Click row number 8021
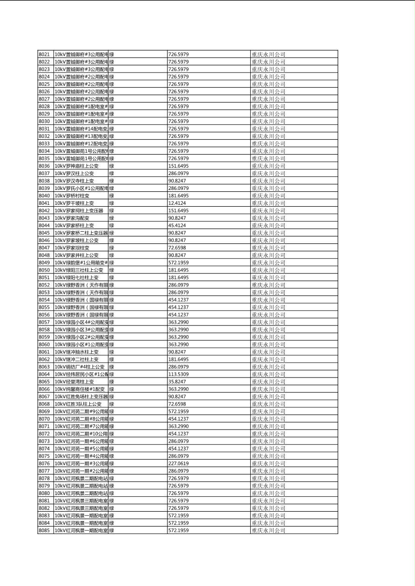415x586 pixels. (x=44, y=54)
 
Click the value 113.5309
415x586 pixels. (x=178, y=374)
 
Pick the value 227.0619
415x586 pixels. (x=178, y=463)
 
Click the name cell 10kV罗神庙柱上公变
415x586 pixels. (x=76, y=166)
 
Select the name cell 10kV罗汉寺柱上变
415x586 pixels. (x=74, y=181)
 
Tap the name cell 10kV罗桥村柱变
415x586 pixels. (x=72, y=195)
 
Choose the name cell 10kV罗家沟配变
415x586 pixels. (x=72, y=218)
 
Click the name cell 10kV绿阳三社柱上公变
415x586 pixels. (x=79, y=270)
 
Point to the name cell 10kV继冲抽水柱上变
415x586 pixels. (x=76, y=352)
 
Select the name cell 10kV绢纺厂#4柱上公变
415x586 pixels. (x=80, y=367)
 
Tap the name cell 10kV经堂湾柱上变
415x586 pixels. (x=74, y=382)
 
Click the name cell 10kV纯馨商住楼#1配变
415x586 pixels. (x=80, y=389)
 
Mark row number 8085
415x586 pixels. (x=44, y=530)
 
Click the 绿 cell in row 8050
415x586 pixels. (x=112, y=270)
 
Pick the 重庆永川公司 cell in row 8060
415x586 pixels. (x=268, y=345)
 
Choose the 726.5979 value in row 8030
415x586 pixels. (x=178, y=121)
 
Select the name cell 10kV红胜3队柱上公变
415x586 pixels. (x=78, y=404)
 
